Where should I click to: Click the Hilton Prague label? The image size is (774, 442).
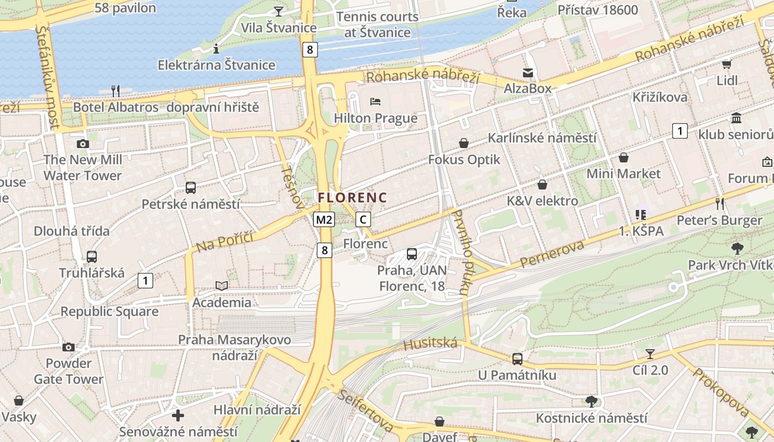click(x=375, y=118)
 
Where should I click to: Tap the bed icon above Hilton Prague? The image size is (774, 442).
click(x=375, y=102)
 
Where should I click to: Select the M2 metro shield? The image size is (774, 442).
click(x=324, y=220)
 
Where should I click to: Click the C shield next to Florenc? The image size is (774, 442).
click(x=363, y=219)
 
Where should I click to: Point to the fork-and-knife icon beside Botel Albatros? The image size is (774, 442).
click(x=115, y=91)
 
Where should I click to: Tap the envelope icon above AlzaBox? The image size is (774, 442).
click(x=527, y=72)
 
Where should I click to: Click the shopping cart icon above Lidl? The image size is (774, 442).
click(x=726, y=65)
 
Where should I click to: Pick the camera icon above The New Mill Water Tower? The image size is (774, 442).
click(x=83, y=144)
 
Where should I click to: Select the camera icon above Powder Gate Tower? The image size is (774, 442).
click(x=68, y=347)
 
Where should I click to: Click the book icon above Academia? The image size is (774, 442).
click(x=221, y=286)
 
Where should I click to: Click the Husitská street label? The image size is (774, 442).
click(x=431, y=344)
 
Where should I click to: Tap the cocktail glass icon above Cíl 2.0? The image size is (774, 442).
click(x=650, y=354)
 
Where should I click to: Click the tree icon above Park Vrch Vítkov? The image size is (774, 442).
click(x=737, y=249)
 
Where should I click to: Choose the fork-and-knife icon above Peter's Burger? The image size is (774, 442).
click(x=719, y=203)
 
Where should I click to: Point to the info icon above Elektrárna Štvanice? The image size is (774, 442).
click(x=216, y=49)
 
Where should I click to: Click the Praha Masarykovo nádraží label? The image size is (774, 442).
click(x=234, y=347)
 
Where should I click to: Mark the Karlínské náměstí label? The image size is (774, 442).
click(x=541, y=138)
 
